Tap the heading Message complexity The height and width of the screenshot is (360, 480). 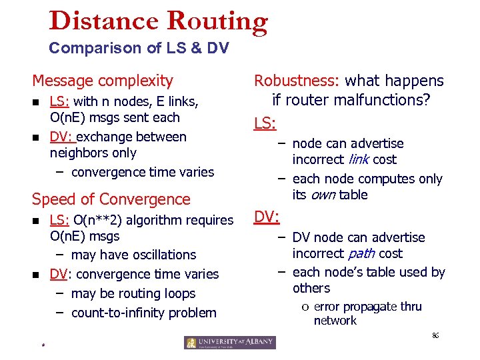click(103, 81)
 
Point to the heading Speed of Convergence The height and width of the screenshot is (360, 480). click(111, 199)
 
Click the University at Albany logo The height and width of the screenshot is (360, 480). click(230, 343)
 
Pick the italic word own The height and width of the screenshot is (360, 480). click(322, 195)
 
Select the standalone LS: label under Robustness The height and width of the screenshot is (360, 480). click(265, 123)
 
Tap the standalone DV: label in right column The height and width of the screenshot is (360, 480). click(267, 217)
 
